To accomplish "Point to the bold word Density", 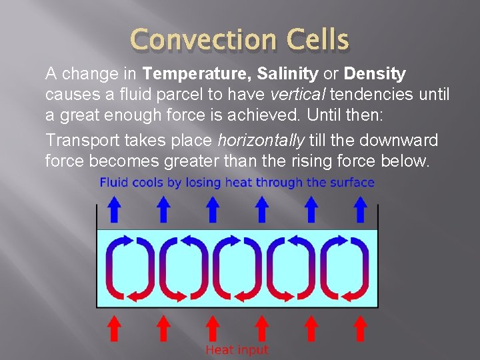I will click(x=375, y=73).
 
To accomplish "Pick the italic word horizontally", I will click(x=261, y=141).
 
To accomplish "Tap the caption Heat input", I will click(x=237, y=350).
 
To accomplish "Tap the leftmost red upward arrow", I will click(x=115, y=328).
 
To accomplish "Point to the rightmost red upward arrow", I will click(x=361, y=328).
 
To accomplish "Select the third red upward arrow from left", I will click(x=213, y=328).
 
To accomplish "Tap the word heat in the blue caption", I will click(x=239, y=182).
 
